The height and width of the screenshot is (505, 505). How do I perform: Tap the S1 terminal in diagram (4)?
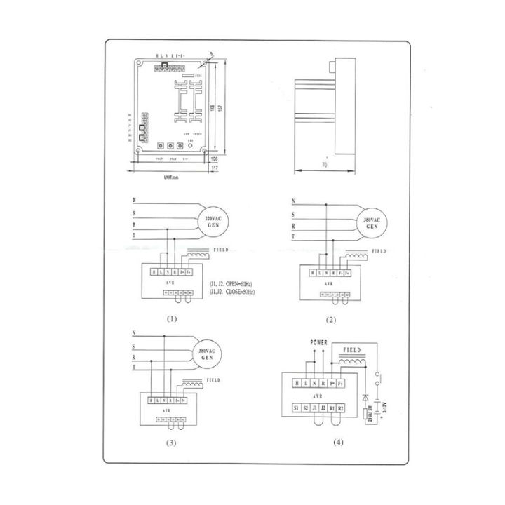295,406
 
